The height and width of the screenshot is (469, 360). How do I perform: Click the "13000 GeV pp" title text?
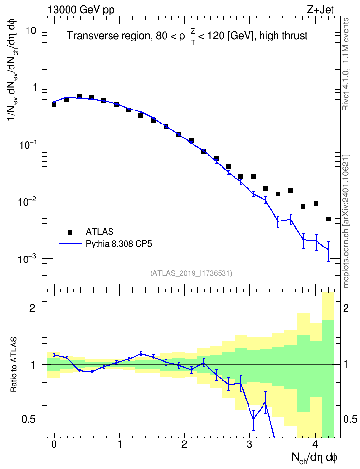pos(81,10)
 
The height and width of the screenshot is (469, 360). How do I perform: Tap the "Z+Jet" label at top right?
pos(320,9)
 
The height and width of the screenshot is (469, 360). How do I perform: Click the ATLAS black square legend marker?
pos(70,232)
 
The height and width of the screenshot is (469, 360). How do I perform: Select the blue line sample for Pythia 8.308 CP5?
pos(70,244)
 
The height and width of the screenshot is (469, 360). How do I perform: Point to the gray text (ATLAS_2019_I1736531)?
pos(191,273)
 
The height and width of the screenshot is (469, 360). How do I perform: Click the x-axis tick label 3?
pos(249,444)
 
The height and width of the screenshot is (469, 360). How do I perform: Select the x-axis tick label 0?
pos(54,444)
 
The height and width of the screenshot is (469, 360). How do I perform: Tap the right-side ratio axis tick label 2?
pos(346,308)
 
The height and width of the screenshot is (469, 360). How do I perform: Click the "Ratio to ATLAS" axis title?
pos(14,364)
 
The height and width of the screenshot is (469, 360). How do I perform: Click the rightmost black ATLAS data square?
pos(328,219)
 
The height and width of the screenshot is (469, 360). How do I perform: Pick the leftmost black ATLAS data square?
pos(54,104)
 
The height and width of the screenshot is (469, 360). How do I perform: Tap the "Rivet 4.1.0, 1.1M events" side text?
pos(346,64)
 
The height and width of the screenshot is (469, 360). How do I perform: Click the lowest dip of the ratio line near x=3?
pos(253,420)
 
